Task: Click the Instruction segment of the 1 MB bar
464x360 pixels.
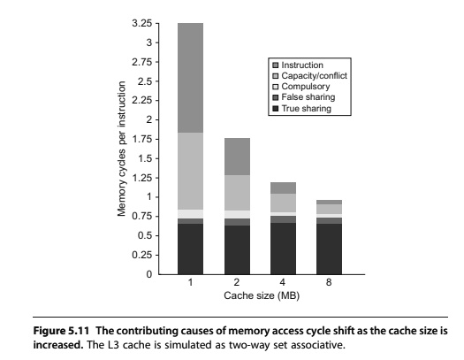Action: click(x=190, y=78)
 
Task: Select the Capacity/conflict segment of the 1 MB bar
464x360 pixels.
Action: click(x=190, y=171)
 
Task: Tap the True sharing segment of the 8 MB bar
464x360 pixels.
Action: click(x=329, y=249)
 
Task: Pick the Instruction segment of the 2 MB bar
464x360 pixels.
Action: click(x=237, y=157)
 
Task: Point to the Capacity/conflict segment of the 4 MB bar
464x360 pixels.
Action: click(x=283, y=203)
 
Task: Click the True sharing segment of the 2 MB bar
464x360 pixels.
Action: click(x=237, y=249)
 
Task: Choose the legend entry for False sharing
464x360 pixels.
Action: click(x=304, y=97)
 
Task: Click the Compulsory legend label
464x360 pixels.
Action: click(x=306, y=87)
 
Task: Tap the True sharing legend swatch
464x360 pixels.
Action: click(x=276, y=109)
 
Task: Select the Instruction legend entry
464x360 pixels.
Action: click(x=298, y=65)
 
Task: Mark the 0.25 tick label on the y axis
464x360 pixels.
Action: click(x=141, y=255)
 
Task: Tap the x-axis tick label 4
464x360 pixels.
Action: click(x=283, y=282)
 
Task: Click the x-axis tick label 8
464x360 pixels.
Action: click(x=329, y=282)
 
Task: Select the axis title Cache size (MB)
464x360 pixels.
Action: click(x=262, y=295)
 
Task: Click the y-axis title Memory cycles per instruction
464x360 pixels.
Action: click(x=121, y=149)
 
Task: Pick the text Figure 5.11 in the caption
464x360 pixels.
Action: click(x=61, y=331)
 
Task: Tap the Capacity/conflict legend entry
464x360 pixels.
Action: click(x=309, y=76)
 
